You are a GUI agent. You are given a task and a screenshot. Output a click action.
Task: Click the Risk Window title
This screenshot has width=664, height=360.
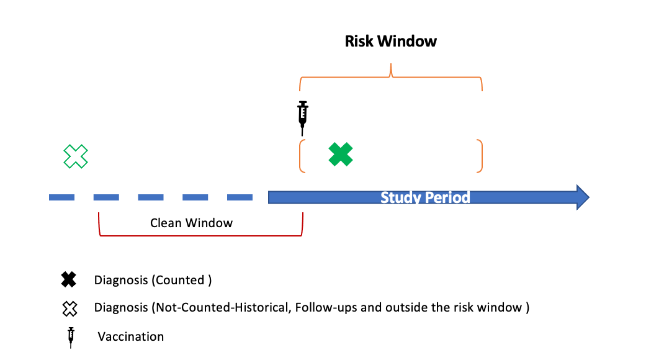pyautogui.click(x=391, y=42)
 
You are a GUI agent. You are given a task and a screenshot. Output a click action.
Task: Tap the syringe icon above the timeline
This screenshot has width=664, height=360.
pyautogui.click(x=303, y=117)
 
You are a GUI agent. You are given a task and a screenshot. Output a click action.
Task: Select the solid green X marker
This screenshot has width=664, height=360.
pyautogui.click(x=341, y=155)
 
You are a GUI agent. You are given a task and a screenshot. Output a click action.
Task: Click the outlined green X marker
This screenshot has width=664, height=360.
pyautogui.click(x=76, y=156)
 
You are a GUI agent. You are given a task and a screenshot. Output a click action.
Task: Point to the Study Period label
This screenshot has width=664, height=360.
pyautogui.click(x=425, y=197)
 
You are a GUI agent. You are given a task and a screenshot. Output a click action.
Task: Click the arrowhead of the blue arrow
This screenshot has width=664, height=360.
pyautogui.click(x=582, y=197)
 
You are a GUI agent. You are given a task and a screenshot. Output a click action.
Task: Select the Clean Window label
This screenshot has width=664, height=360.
pyautogui.click(x=191, y=223)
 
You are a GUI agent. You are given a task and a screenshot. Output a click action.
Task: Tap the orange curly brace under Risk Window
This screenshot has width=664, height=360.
pyautogui.click(x=391, y=76)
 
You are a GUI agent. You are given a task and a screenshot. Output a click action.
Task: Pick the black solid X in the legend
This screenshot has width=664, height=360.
pyautogui.click(x=68, y=280)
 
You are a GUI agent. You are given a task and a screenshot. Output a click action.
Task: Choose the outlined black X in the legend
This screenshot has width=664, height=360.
pyautogui.click(x=68, y=307)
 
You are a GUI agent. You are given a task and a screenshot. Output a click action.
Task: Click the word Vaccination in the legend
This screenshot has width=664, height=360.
pyautogui.click(x=131, y=337)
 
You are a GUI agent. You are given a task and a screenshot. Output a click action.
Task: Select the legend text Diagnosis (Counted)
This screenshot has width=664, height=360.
pyautogui.click(x=153, y=280)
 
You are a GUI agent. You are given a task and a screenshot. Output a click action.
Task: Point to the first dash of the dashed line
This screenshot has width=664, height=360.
pyautogui.click(x=61, y=197)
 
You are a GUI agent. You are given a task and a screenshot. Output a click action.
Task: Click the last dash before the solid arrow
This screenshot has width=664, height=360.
pyautogui.click(x=240, y=197)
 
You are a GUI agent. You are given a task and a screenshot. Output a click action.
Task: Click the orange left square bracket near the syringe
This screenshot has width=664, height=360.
pyautogui.click(x=302, y=155)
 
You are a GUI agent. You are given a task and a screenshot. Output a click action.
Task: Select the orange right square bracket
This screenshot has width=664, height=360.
pyautogui.click(x=480, y=156)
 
